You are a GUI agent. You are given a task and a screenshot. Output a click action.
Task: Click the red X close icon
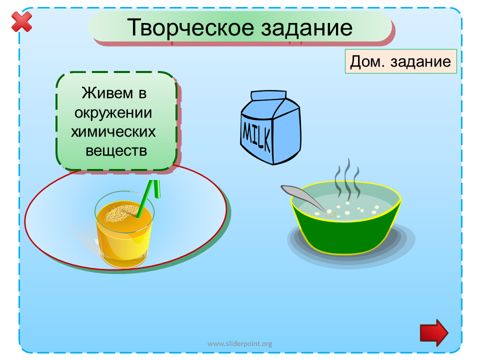click(x=21, y=21)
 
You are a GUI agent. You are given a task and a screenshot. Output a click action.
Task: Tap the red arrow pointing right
click(x=434, y=333)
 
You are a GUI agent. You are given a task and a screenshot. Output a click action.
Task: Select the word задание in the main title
click(x=307, y=28)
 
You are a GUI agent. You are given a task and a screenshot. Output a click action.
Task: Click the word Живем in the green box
click(x=107, y=93)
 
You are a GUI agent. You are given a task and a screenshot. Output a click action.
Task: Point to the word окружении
click(x=113, y=113)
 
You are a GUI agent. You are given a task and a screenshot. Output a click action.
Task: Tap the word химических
click(x=113, y=132)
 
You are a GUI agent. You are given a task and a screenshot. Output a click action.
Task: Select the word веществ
click(x=116, y=151)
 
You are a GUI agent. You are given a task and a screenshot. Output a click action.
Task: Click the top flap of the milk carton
click(x=268, y=95)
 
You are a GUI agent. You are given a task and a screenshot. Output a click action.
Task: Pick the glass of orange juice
click(x=124, y=229)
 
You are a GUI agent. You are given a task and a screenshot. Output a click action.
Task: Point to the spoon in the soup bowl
click(x=303, y=197)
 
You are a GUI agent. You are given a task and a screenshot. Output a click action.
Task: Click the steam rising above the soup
click(x=347, y=177)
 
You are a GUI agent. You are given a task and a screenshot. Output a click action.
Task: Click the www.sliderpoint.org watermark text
click(x=239, y=344)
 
